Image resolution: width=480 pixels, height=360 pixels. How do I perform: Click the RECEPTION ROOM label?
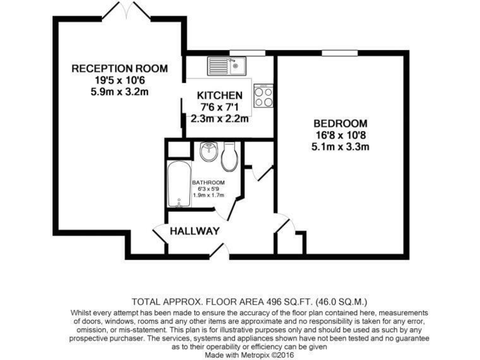119,69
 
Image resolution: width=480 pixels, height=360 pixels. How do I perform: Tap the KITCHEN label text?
219,96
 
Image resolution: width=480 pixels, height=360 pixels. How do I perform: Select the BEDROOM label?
340,123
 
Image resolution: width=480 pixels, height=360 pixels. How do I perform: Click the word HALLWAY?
196,231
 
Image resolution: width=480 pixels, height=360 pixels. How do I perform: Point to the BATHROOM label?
208,182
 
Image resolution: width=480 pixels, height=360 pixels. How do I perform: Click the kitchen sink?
227,65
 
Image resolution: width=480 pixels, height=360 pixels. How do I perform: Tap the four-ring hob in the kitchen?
264,95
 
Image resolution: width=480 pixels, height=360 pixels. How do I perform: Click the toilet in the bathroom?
229,156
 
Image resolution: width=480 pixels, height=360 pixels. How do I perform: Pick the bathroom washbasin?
208,152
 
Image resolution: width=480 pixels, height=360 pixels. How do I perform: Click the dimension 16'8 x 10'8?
340,135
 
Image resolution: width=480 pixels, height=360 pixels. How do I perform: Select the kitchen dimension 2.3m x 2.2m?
219,118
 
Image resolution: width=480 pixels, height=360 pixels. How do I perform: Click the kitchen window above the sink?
238,52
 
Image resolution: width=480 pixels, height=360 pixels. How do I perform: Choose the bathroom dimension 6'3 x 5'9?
208,189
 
